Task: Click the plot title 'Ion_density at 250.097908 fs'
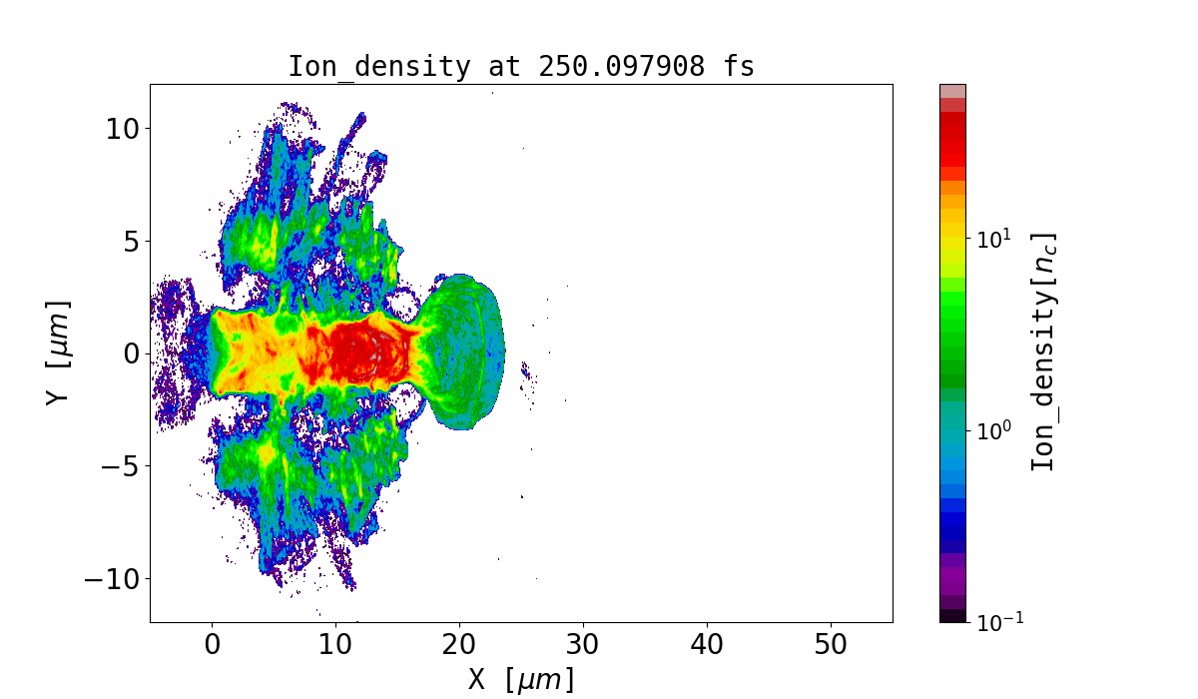pos(521,67)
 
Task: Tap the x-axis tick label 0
pos(213,645)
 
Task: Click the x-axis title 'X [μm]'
pos(521,679)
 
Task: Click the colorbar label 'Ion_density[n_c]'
pos(1042,352)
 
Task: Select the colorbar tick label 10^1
pos(994,240)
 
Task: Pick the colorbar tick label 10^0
pos(994,431)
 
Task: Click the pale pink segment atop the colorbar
pos(952,91)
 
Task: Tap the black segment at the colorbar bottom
pos(952,616)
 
